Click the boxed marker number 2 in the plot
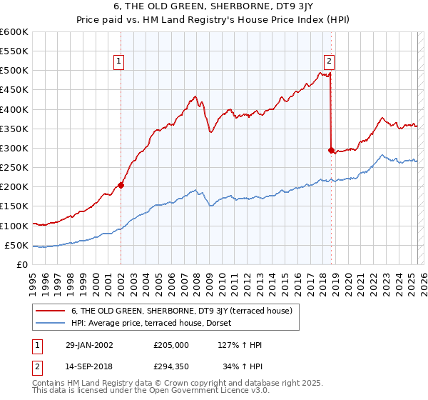click(x=330, y=62)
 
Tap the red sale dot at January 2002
click(x=121, y=185)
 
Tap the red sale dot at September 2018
click(x=331, y=150)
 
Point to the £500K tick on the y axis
click(x=15, y=71)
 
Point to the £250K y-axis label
click(x=15, y=167)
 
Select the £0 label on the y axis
click(x=22, y=264)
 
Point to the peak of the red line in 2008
click(x=195, y=96)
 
